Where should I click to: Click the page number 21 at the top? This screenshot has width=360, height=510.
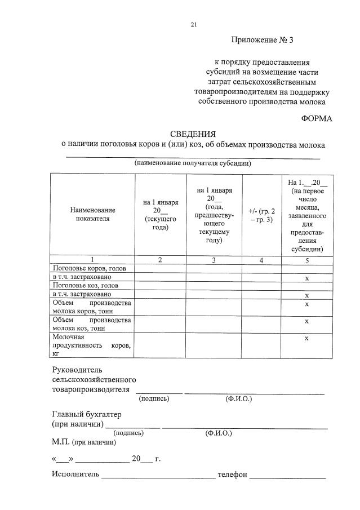point(194,24)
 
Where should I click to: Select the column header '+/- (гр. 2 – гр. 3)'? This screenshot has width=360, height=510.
point(261,215)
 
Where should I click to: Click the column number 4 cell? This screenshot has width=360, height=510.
point(261,260)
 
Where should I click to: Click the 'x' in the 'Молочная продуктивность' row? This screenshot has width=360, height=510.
point(306,338)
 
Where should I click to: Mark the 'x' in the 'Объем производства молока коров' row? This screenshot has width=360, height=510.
point(306,304)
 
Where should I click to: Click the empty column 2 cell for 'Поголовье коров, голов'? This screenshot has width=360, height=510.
point(161,269)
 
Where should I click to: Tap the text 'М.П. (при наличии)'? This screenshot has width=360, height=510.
point(84,442)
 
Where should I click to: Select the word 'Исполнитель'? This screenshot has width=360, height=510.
point(75,474)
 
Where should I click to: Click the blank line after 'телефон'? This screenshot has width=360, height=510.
point(287,476)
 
